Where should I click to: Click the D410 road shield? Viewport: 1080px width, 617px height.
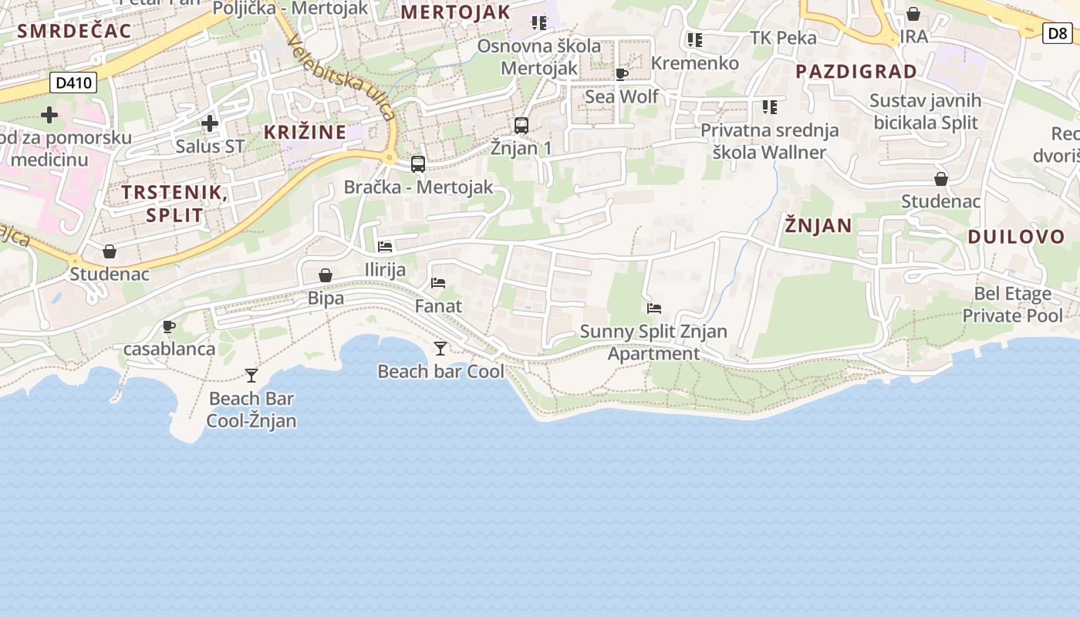73,83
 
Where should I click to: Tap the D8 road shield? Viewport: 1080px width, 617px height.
1056,33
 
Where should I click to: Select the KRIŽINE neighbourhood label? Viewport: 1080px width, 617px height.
305,132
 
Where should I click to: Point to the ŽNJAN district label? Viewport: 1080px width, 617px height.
818,226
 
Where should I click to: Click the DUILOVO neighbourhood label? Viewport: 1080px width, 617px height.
1016,237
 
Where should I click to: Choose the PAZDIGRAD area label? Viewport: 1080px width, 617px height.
856,72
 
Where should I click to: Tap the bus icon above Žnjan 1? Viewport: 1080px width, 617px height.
521,125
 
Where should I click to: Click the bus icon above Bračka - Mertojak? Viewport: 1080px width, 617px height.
418,164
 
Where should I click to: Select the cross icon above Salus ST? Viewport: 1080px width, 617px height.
210,123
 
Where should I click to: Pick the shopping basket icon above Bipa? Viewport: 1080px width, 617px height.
326,275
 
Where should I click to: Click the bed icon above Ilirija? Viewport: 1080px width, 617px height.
385,247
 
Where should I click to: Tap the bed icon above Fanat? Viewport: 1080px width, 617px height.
438,283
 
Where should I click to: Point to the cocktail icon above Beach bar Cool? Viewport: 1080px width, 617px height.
440,349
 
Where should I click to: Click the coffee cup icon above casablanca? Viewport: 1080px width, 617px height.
169,326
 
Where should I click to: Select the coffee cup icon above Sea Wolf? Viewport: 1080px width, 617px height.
622,74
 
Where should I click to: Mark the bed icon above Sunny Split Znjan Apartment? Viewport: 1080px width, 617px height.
654,308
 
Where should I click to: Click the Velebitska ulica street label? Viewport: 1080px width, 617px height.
342,77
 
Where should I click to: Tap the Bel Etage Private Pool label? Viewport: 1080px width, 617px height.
1012,304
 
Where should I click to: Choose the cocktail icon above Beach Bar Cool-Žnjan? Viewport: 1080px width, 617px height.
251,376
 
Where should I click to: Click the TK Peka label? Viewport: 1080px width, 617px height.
783,38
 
